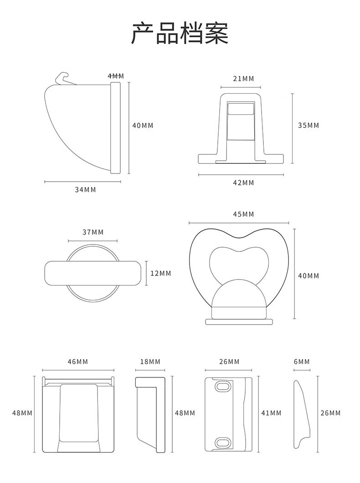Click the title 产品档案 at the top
(x=180, y=33)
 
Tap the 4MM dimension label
(x=116, y=76)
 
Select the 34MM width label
(x=85, y=190)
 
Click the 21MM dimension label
(x=243, y=79)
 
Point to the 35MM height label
(x=309, y=125)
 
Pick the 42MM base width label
(x=243, y=183)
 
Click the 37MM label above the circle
(x=93, y=232)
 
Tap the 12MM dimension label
(x=160, y=273)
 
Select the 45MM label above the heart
(x=243, y=214)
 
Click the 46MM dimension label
(x=77, y=361)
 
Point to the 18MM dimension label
(x=150, y=361)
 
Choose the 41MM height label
(x=271, y=413)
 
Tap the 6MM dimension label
(x=302, y=361)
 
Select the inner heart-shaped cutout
(x=239, y=264)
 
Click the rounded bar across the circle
(x=93, y=273)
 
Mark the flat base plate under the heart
(x=239, y=322)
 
